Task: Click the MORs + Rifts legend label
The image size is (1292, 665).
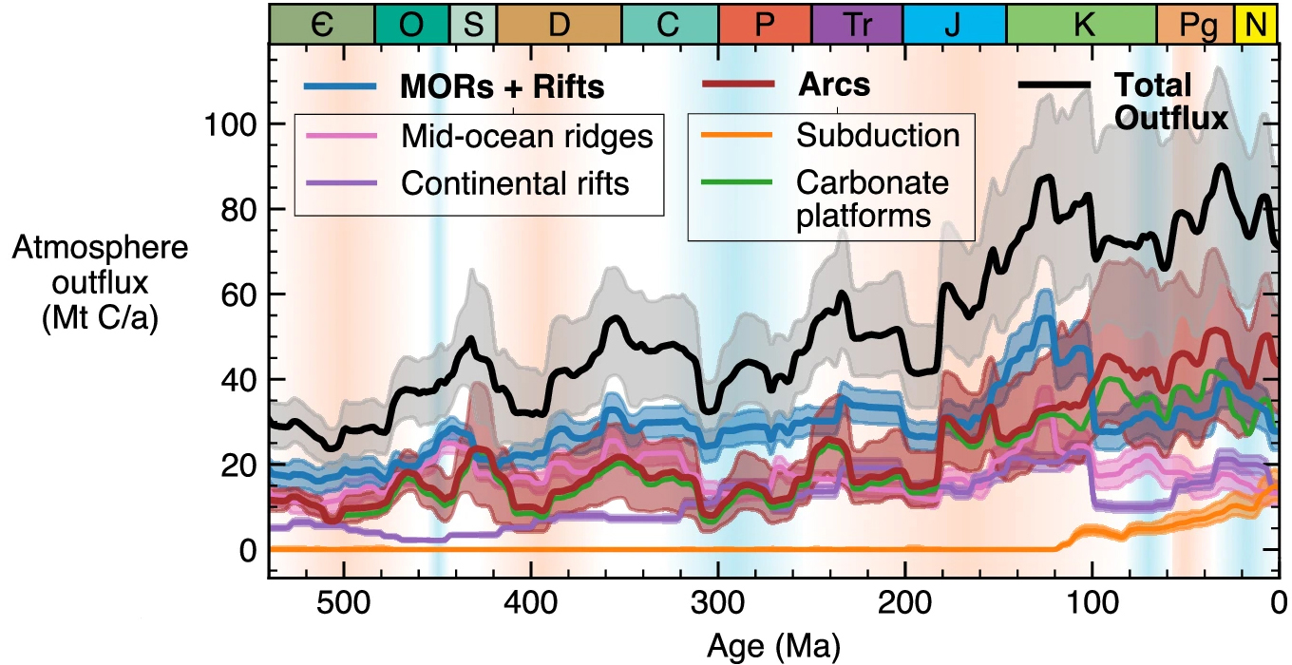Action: tap(503, 87)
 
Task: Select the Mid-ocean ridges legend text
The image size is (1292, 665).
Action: tap(527, 137)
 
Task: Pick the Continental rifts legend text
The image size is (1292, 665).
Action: tap(515, 182)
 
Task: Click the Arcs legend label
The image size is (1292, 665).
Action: tap(834, 85)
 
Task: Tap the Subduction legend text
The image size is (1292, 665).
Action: tap(878, 135)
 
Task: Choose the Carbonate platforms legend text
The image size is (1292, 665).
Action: tap(872, 198)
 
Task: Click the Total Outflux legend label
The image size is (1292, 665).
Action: tap(1171, 102)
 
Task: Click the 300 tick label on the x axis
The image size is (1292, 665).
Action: tap(718, 604)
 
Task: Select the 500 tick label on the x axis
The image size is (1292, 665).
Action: tap(343, 604)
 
